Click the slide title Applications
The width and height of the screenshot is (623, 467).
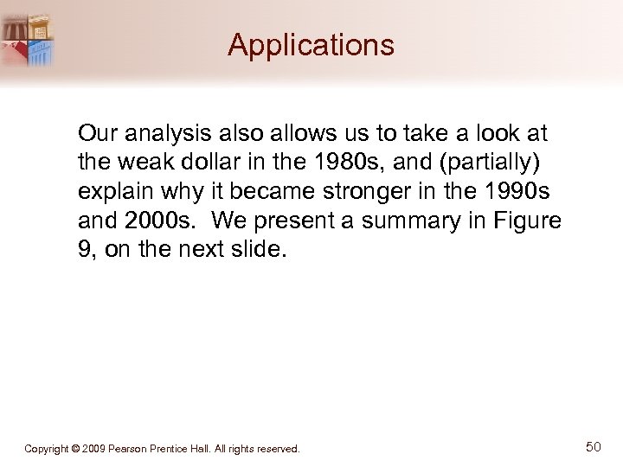311,45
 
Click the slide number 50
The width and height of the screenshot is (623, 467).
593,447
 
